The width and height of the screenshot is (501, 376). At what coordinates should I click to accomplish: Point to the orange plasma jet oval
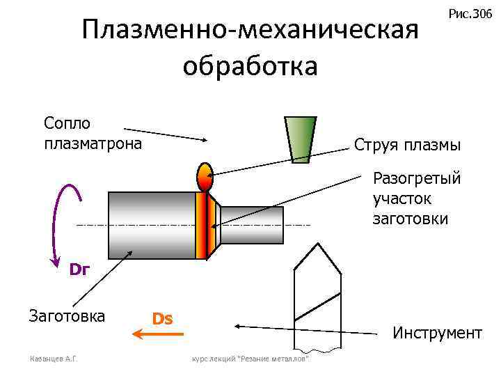[x=205, y=177]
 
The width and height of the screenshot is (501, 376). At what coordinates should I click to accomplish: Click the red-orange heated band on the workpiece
[x=202, y=225]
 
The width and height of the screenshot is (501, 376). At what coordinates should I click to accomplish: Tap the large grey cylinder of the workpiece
[x=151, y=225]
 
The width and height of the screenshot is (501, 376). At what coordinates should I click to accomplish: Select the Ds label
[x=162, y=319]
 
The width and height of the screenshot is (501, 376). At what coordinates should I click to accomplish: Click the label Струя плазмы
[x=407, y=146]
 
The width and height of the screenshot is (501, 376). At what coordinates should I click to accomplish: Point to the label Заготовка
[x=66, y=316]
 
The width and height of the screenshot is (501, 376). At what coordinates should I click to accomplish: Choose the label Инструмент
[x=437, y=333]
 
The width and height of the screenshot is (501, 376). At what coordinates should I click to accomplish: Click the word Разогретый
[x=417, y=178]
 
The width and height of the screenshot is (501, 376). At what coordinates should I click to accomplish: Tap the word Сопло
[x=67, y=123]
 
